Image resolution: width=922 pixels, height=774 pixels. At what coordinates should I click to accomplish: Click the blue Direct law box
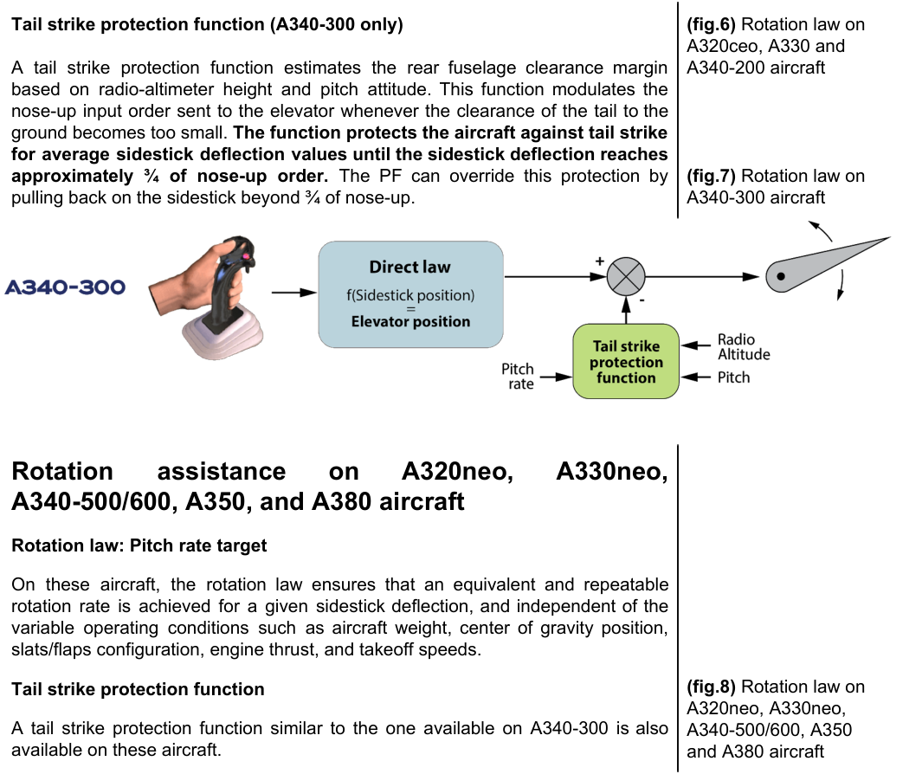[x=410, y=294]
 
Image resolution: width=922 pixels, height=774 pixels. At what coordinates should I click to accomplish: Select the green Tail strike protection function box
[x=626, y=361]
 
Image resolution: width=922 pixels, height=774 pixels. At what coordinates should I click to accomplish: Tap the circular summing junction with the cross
[x=626, y=276]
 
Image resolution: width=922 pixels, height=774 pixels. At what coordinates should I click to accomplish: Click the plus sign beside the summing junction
[x=599, y=261]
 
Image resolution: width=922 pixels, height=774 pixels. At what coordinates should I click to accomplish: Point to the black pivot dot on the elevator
[x=781, y=276]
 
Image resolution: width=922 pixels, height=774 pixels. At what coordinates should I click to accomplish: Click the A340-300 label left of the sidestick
[x=65, y=287]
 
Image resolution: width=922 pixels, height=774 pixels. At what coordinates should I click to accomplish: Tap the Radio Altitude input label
[x=744, y=347]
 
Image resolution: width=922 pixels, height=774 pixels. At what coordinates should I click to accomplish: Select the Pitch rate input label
[x=518, y=377]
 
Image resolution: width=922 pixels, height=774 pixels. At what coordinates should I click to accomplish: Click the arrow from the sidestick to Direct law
[x=294, y=293]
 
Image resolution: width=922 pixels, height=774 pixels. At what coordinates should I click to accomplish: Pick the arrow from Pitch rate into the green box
[x=557, y=377]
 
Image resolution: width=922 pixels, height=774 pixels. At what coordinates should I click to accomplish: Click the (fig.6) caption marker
[x=711, y=24]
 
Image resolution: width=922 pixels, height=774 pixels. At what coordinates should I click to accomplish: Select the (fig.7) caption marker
[x=711, y=176]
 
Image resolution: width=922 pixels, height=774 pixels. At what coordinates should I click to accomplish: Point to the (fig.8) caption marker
[x=711, y=687]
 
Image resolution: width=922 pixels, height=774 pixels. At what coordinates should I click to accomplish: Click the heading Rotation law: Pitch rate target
[x=139, y=545]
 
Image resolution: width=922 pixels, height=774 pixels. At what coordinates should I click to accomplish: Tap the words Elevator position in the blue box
[x=410, y=321]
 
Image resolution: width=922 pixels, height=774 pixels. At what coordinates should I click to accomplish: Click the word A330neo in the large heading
[x=611, y=471]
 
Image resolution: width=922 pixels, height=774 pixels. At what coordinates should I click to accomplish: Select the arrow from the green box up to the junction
[x=626, y=310]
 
